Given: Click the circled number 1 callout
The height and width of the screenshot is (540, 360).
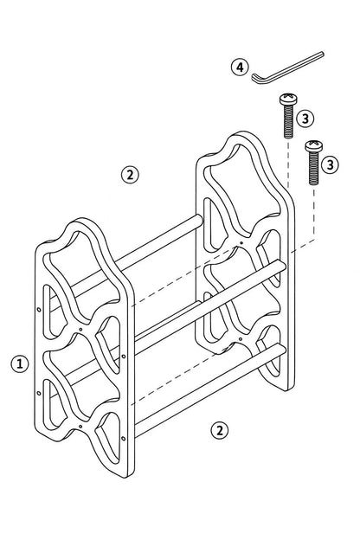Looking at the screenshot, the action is tap(20, 363).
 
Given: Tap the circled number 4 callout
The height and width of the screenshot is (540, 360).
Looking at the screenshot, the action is tap(240, 67).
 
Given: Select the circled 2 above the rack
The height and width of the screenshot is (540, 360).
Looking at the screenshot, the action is tap(130, 175).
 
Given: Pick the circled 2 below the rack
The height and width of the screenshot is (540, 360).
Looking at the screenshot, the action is tap(220, 430).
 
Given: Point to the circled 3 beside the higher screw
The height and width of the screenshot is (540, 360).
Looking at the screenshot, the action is tap(305, 119).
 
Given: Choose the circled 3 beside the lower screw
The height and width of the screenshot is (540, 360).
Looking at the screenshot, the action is tap(330, 165).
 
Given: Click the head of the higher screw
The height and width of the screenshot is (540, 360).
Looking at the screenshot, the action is tap(288, 99).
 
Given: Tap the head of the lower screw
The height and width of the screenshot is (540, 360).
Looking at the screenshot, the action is tap(314, 145).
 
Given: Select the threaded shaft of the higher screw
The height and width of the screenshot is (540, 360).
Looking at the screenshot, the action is tap(289, 121).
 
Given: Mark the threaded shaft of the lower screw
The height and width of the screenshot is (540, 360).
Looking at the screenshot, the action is tap(314, 168).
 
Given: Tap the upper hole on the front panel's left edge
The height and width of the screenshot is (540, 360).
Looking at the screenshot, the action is tap(39, 310).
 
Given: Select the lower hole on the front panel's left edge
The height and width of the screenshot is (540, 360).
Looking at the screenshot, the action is tap(39, 393).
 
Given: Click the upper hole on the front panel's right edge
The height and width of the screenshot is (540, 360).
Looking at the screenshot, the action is tap(124, 356).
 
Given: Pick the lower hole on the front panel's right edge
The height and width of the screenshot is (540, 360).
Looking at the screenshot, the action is tap(124, 439).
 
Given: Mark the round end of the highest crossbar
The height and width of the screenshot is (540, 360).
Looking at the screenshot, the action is tap(199, 221).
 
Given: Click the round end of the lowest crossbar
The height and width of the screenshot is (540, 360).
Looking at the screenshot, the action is tap(282, 350).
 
